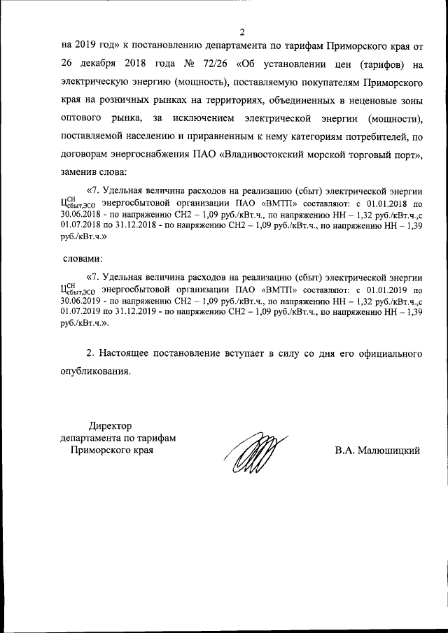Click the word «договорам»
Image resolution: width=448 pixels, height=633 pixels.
tap(88, 152)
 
